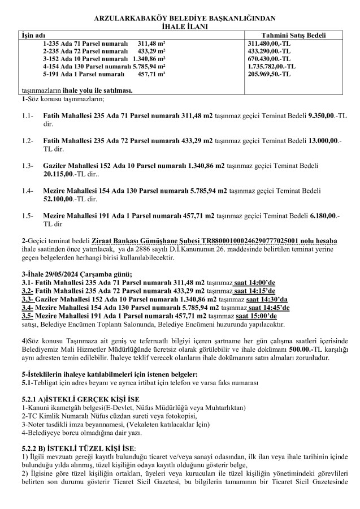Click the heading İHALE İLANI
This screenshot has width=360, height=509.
(x=180, y=27)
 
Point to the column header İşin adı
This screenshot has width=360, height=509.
(x=33, y=35)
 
